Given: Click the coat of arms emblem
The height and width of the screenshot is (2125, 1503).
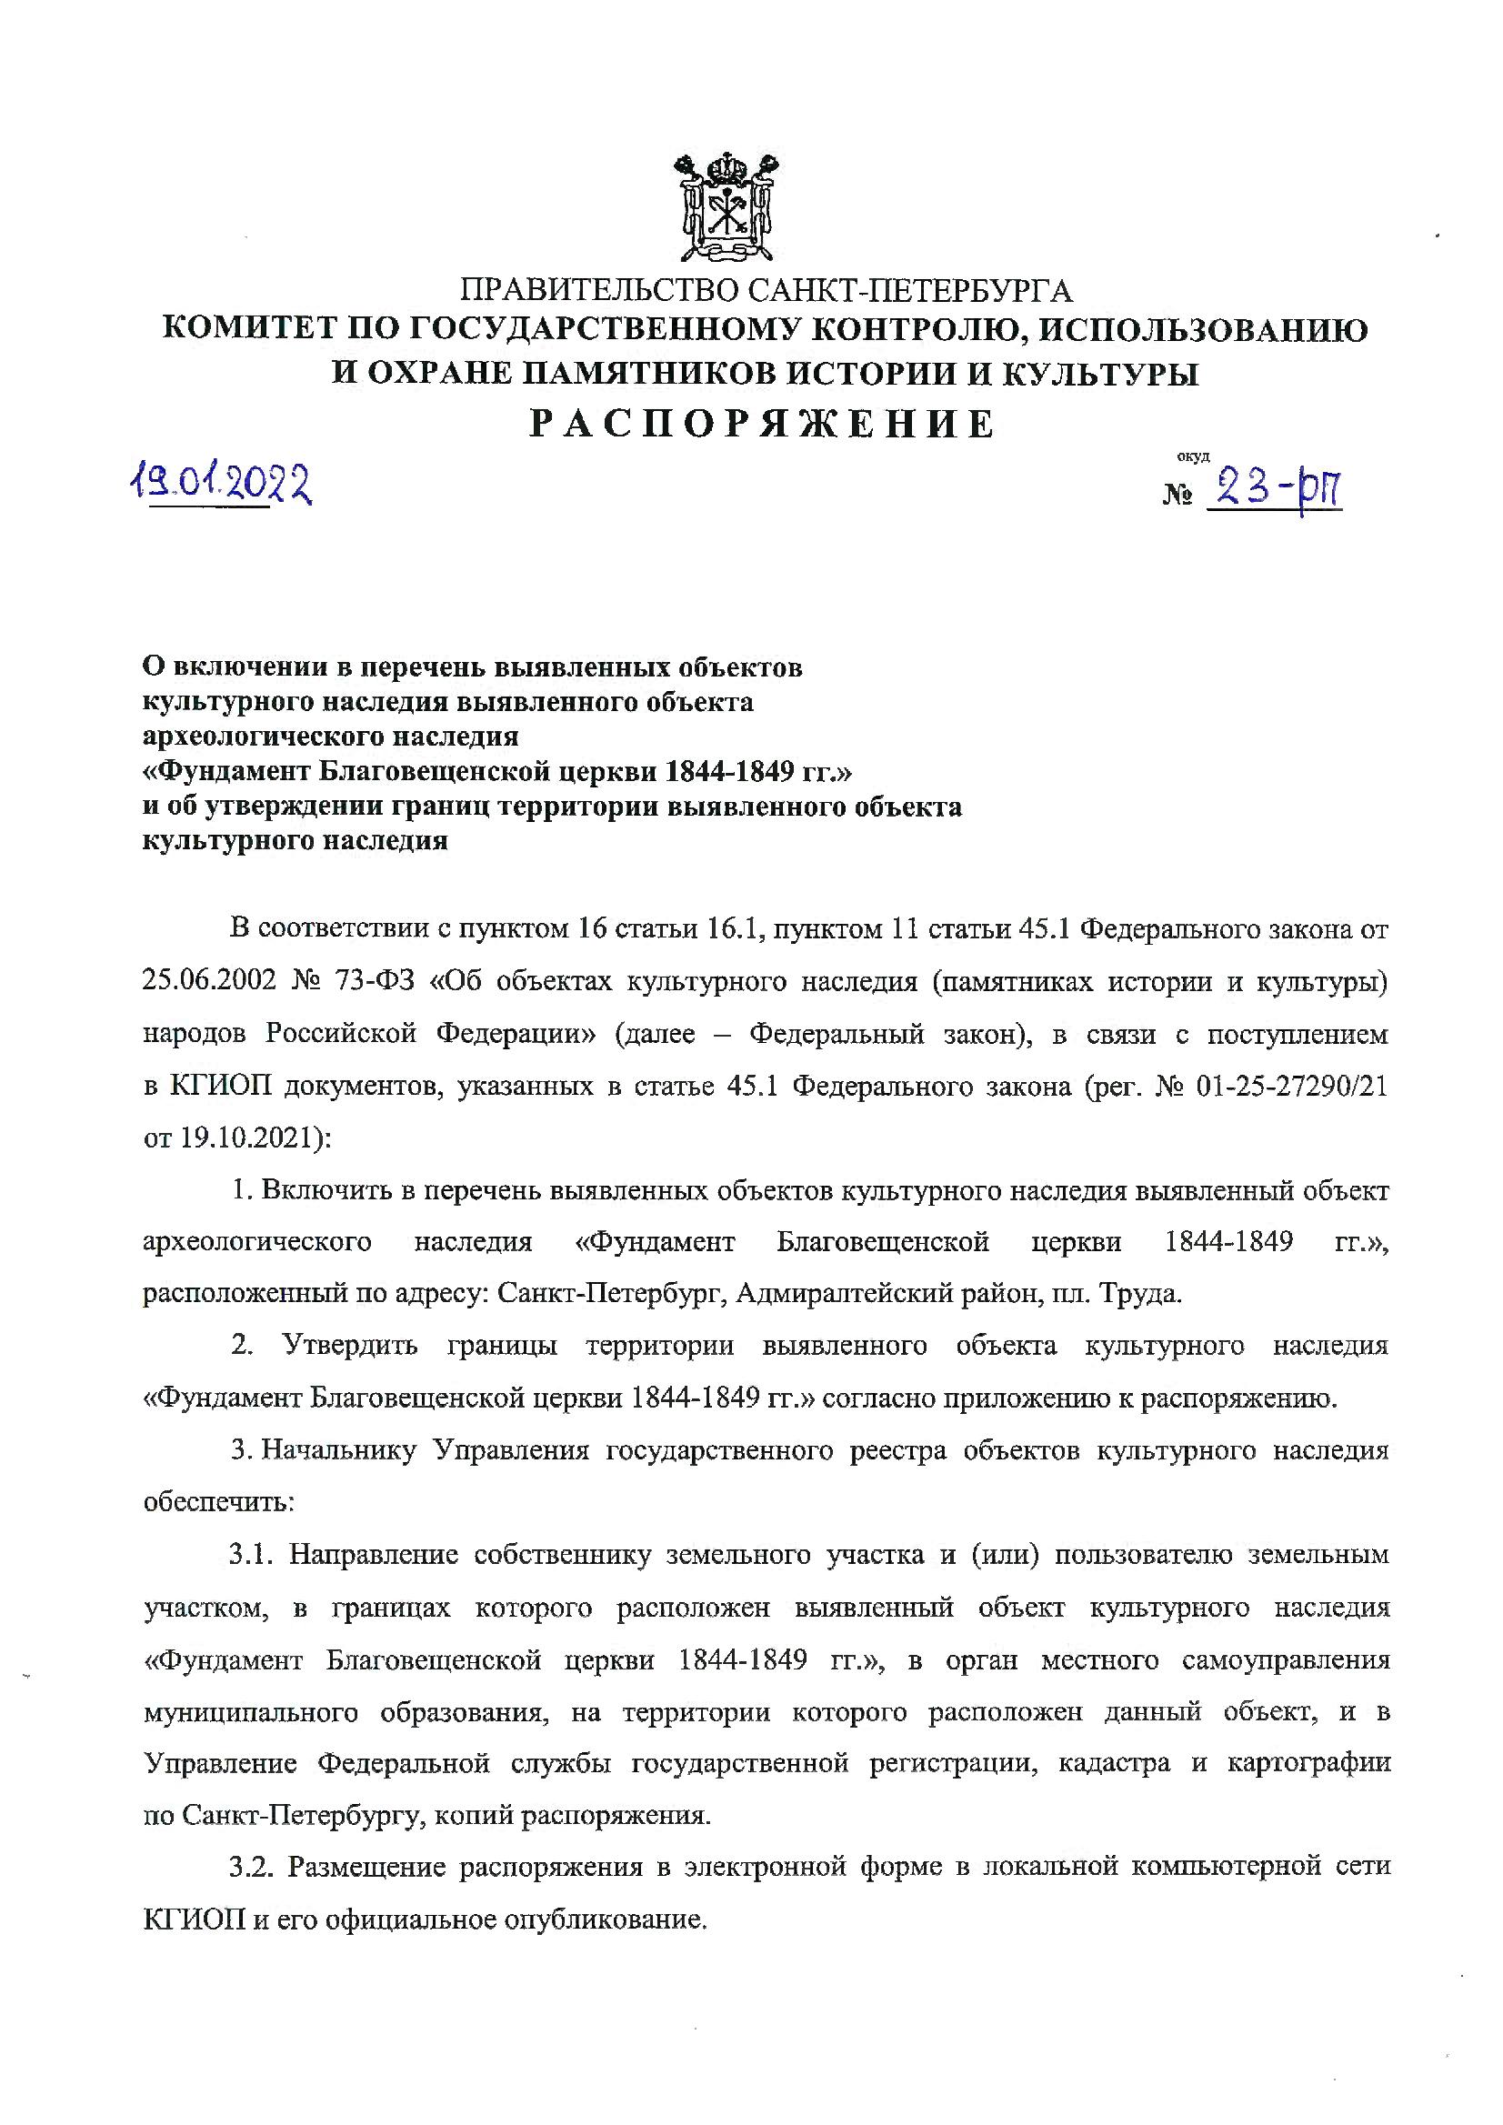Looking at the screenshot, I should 726,207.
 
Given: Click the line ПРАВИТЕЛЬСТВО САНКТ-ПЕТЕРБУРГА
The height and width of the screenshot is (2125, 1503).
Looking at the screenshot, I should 766,290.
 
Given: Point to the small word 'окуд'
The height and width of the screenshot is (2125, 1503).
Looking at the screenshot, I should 1193,456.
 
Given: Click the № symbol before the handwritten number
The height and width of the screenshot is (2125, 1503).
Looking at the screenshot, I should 1177,496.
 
